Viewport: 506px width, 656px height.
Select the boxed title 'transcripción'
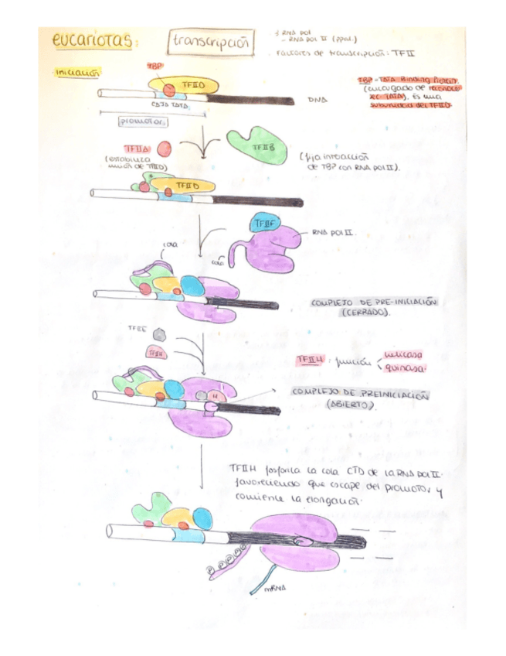(211, 43)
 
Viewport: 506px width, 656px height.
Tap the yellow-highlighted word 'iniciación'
(77, 73)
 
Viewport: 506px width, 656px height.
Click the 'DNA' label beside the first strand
(318, 100)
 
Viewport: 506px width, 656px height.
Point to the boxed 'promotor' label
(144, 121)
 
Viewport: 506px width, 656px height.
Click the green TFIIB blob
(256, 145)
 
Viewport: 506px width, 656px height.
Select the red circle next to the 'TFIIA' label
(164, 149)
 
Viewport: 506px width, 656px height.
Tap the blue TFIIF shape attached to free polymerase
(260, 224)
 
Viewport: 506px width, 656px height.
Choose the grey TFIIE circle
(159, 333)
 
